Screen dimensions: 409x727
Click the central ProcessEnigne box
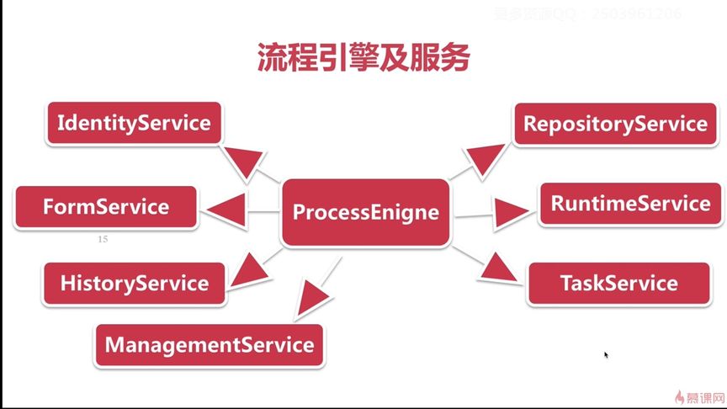pos(365,212)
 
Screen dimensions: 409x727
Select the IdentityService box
pos(133,123)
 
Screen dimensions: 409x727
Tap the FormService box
pos(106,207)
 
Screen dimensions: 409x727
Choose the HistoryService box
pos(135,284)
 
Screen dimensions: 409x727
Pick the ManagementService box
pos(209,344)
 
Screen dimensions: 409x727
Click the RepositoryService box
pos(615,124)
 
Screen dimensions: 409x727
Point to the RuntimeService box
pos(630,204)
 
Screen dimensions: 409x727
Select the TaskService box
pos(618,283)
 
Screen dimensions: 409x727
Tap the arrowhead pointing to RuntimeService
pos(512,211)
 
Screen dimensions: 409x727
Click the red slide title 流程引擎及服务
pos(363,57)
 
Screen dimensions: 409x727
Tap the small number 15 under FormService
pos(103,240)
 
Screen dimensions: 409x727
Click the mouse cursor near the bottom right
pos(606,355)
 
